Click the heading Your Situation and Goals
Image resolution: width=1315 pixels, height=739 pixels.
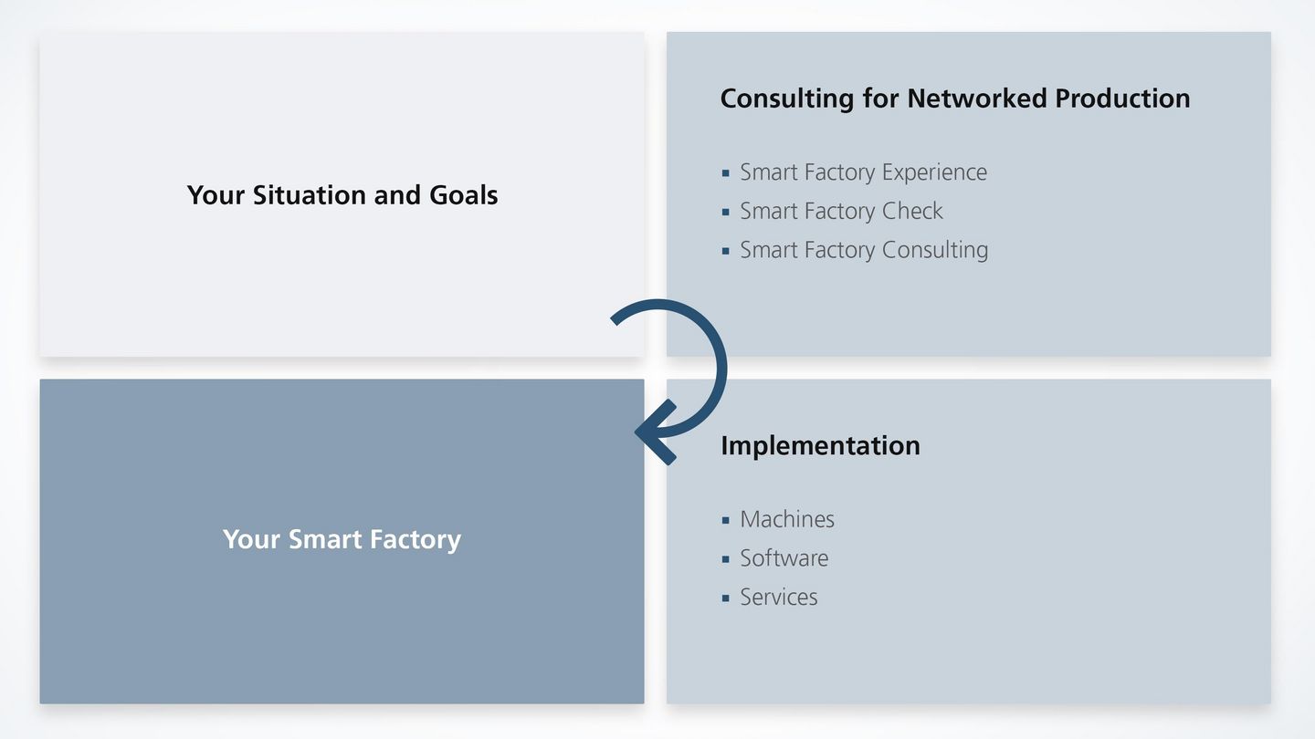342,195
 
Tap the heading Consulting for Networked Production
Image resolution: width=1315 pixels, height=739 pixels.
954,99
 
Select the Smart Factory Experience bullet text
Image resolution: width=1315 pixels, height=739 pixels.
863,172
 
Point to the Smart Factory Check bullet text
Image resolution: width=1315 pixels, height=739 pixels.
841,211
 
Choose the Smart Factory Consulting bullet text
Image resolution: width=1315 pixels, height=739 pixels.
864,250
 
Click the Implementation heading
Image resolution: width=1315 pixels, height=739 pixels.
820,445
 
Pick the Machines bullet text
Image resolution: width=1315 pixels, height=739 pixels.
787,519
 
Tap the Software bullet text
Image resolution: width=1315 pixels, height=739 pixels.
784,558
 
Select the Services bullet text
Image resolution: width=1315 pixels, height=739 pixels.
778,598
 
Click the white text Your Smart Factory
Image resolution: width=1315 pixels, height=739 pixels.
342,539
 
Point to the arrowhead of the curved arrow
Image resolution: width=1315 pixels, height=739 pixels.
650,431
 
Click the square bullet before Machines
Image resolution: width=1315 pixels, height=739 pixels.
726,520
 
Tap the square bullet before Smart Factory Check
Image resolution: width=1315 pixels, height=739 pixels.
726,212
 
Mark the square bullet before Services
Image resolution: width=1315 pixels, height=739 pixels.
726,598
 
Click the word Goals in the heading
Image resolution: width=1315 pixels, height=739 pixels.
463,195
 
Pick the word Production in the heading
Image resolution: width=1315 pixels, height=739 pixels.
1122,99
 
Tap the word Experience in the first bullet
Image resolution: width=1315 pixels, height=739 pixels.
934,172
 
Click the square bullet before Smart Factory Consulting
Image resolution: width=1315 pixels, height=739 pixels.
726,251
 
